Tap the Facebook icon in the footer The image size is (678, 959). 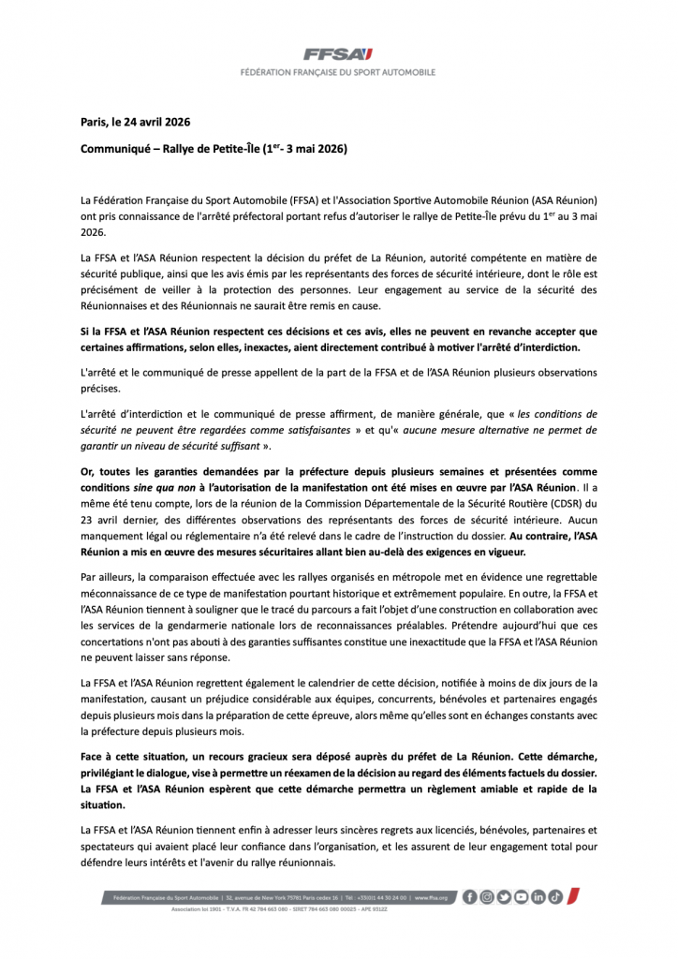click(470, 896)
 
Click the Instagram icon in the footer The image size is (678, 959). click(487, 896)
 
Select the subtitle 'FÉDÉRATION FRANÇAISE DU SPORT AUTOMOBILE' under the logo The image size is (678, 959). click(338, 72)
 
